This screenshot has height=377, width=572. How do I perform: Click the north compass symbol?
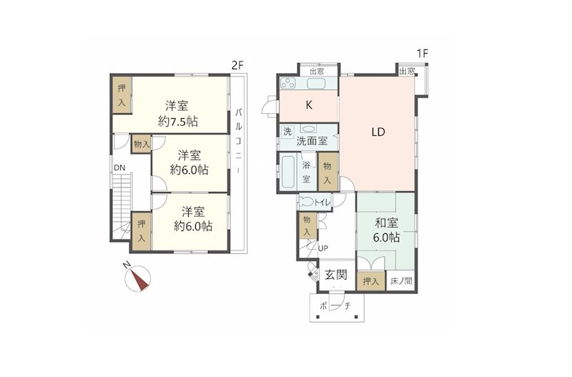tap(137, 278)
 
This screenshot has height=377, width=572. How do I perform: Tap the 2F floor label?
tap(237, 66)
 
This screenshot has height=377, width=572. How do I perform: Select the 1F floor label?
tap(422, 54)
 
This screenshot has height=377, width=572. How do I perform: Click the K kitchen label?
tap(309, 105)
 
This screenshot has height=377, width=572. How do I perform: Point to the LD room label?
tap(378, 132)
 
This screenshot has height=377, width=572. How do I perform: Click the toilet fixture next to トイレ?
tap(307, 202)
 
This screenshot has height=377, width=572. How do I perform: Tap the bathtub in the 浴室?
tap(289, 172)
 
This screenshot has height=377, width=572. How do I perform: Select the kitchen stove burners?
tap(288, 84)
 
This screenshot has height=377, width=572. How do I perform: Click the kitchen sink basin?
tap(316, 84)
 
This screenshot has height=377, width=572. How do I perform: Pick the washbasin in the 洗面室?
tap(309, 129)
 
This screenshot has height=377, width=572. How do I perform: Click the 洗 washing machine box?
tap(287, 132)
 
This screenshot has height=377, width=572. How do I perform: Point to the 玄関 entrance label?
tap(336, 275)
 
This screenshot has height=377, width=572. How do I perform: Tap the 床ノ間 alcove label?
tap(401, 281)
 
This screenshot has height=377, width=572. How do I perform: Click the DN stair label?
tap(119, 168)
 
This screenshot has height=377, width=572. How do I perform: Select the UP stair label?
tap(323, 248)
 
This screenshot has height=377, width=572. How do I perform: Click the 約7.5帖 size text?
tap(177, 122)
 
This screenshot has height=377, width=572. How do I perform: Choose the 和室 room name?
tap(387, 222)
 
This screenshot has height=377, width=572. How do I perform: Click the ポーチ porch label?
tap(335, 306)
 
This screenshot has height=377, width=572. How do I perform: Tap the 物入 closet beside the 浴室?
tap(328, 172)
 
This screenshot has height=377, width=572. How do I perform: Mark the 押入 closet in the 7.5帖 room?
tap(122, 95)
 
